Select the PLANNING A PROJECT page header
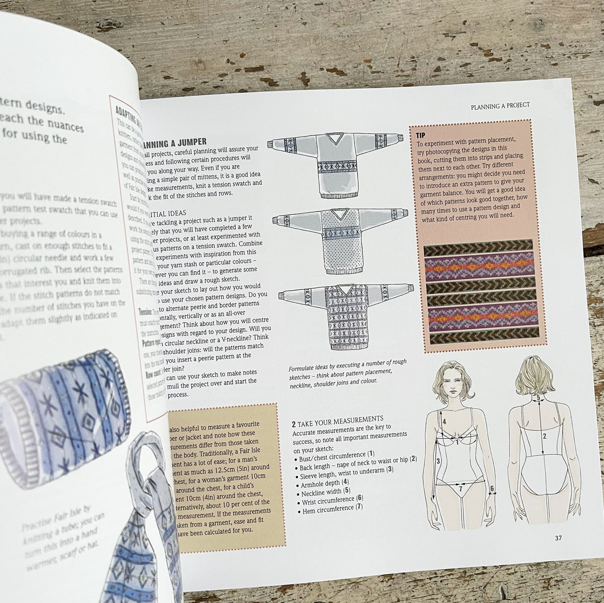pyautogui.click(x=500, y=106)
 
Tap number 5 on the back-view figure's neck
pyautogui.click(x=538, y=397)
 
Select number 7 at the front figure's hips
pyautogui.click(x=460, y=488)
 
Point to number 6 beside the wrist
pyautogui.click(x=492, y=488)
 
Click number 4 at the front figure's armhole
pyautogui.click(x=444, y=421)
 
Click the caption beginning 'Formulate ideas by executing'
pyautogui.click(x=347, y=371)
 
